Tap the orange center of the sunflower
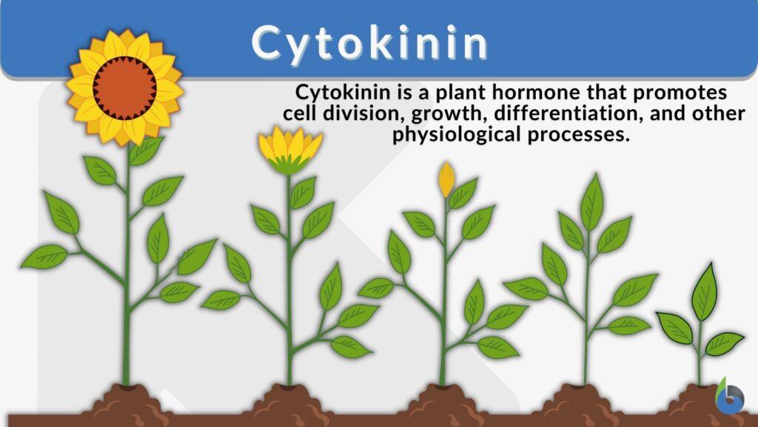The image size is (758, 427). (x=124, y=87)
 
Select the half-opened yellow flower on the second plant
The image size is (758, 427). (x=289, y=150)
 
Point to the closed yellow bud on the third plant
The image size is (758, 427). (x=446, y=179)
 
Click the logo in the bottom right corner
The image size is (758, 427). (x=731, y=397)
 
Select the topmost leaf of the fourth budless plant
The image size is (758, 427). (x=591, y=201)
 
